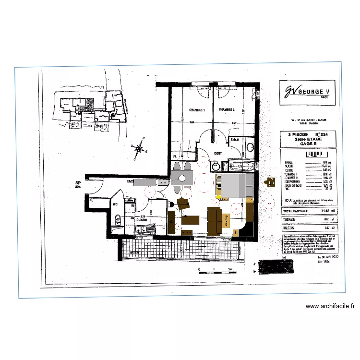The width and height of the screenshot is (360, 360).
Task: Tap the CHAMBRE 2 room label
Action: point(226,110)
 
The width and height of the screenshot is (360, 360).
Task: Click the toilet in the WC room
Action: point(117,220)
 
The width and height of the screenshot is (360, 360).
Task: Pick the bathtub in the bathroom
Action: point(238,167)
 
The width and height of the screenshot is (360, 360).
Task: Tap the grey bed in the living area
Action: point(233,185)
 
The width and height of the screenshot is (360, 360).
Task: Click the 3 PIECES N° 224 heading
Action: point(305,135)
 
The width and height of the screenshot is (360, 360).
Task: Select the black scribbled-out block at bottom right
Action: point(278,266)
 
